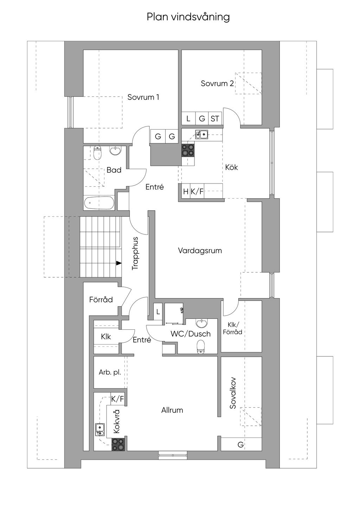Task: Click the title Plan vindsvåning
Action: pyautogui.click(x=188, y=17)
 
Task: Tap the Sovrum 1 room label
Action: pyautogui.click(x=143, y=97)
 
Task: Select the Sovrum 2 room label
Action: pyautogui.click(x=217, y=83)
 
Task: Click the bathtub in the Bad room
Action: pyautogui.click(x=99, y=203)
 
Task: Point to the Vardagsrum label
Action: pyautogui.click(x=200, y=250)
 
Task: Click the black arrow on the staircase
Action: pyautogui.click(x=119, y=263)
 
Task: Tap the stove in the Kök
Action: pyautogui.click(x=188, y=150)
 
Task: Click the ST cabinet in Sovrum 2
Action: pyautogui.click(x=215, y=118)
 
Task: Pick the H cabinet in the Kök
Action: pyautogui.click(x=186, y=192)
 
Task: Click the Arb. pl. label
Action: pyautogui.click(x=110, y=372)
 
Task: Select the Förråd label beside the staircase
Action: pyautogui.click(x=101, y=299)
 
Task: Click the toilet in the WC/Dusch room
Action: pyautogui.click(x=200, y=347)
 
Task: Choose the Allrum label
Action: pyautogui.click(x=172, y=410)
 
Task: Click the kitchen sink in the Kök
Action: pyautogui.click(x=201, y=134)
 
